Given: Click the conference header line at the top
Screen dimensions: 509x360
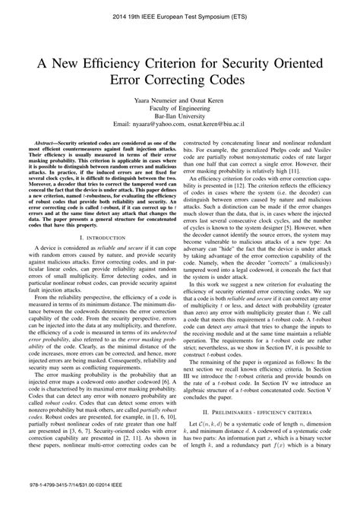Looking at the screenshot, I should click(x=180, y=14).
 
